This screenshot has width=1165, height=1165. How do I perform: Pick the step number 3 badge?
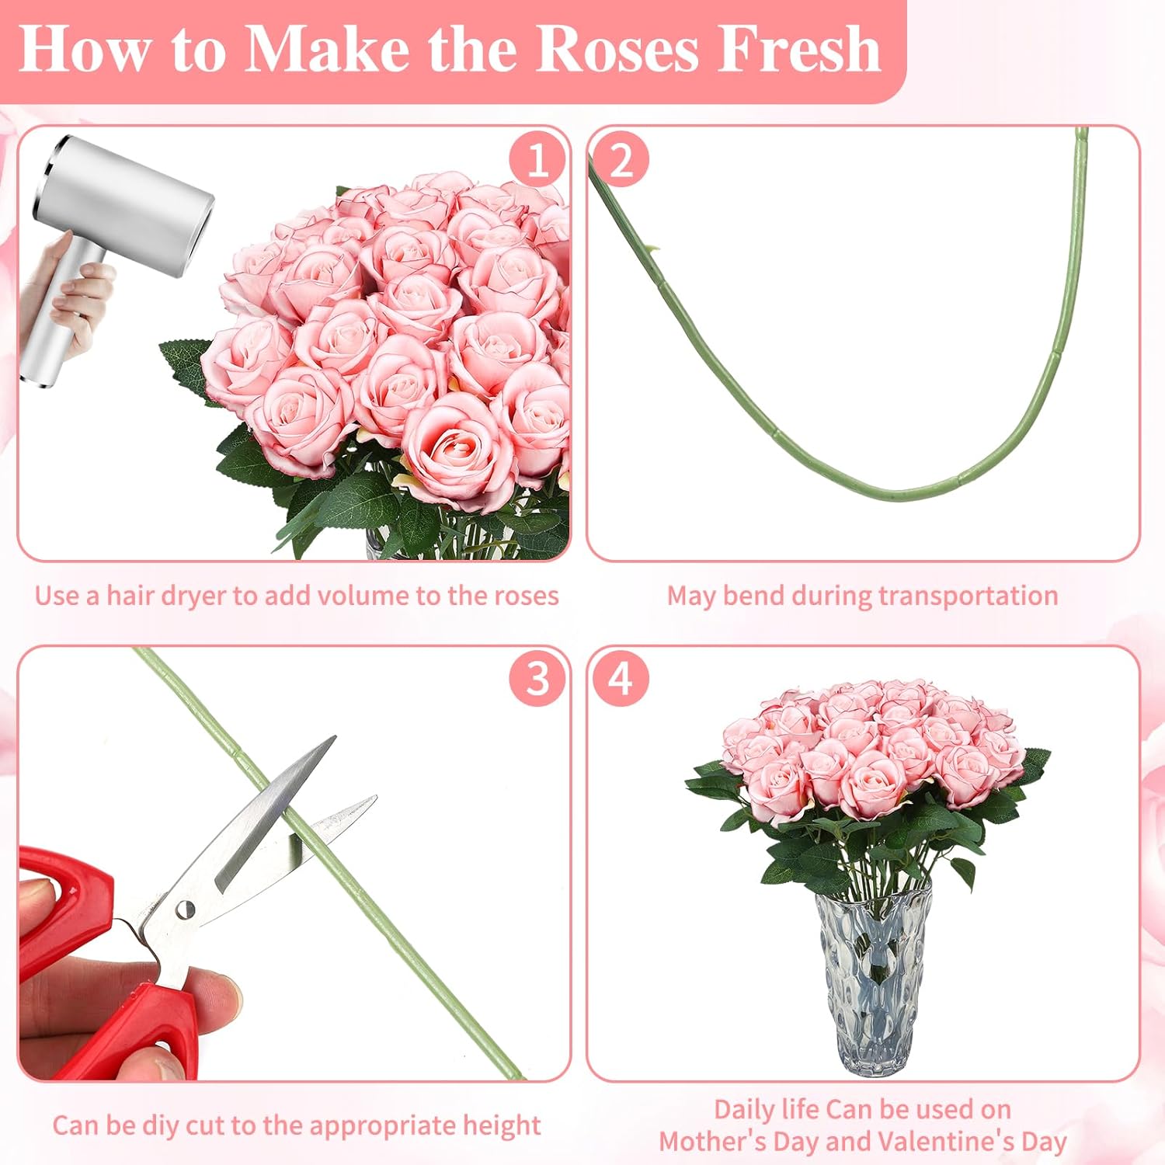pyautogui.click(x=537, y=679)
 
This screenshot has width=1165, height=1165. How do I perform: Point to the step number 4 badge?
pyautogui.click(x=621, y=679)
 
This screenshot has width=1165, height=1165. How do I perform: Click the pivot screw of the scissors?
pyautogui.click(x=186, y=909)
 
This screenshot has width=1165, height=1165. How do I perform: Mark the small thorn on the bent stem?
pyautogui.click(x=653, y=249)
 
